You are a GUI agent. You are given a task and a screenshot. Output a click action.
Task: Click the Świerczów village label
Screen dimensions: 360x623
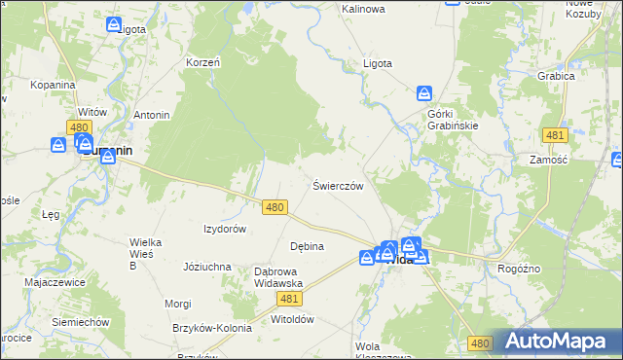(338, 185)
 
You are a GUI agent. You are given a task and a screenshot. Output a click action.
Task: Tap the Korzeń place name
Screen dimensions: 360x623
(203, 62)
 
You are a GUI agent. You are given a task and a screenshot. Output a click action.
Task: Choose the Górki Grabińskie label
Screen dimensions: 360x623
(452, 119)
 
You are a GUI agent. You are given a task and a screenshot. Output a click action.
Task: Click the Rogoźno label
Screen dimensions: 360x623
(519, 269)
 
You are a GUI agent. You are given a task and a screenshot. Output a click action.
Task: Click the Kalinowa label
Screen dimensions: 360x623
(363, 9)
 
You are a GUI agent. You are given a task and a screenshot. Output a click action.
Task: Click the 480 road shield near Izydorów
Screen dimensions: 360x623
(275, 207)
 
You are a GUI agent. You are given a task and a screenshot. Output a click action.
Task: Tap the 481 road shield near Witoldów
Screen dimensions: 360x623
(289, 299)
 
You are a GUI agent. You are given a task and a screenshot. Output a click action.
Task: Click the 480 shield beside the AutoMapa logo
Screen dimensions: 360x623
(480, 343)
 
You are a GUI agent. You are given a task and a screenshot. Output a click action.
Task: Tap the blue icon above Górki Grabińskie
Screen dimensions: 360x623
(424, 93)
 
